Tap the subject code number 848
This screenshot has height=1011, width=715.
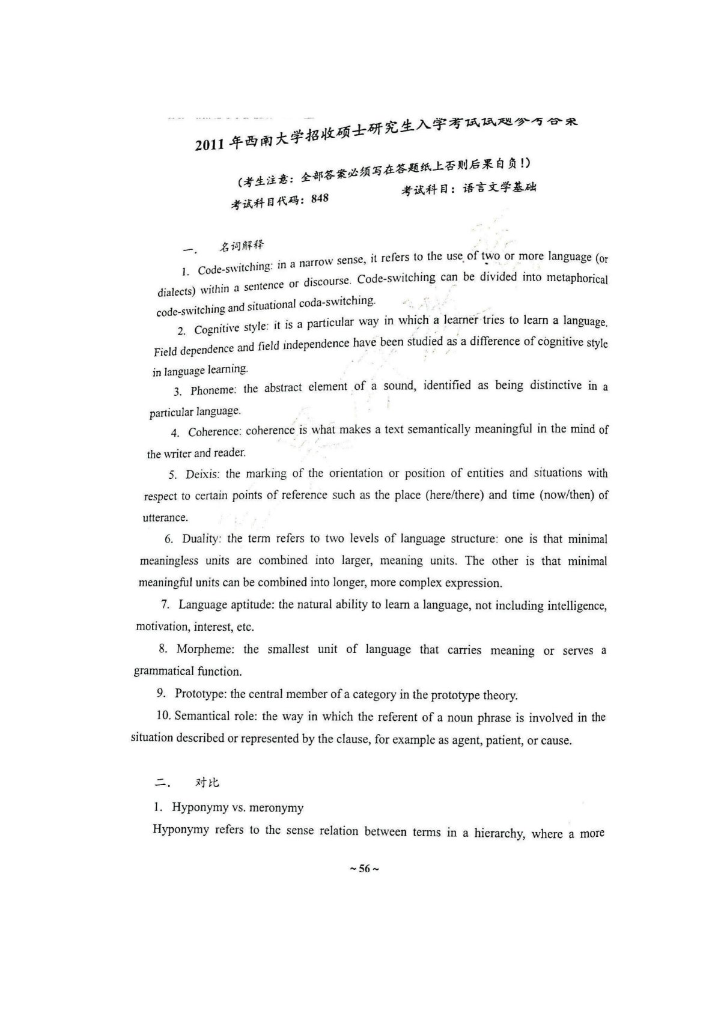coord(320,198)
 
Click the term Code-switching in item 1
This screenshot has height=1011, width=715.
coord(235,268)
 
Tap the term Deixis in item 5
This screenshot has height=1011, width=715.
coord(202,474)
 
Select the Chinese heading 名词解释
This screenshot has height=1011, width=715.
coord(241,245)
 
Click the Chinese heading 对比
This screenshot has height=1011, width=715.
coord(207,782)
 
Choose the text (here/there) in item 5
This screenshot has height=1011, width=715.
coord(454,495)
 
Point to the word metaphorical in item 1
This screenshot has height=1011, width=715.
coord(577,279)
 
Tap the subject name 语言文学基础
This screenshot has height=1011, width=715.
coord(499,187)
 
